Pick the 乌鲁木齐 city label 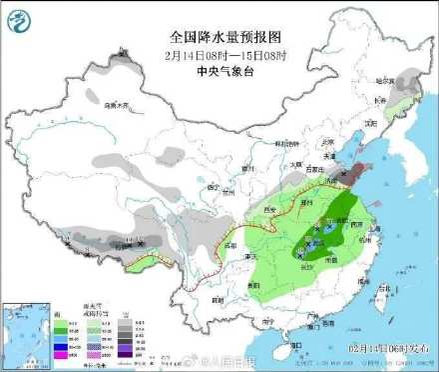118,104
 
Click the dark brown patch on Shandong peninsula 354,172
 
